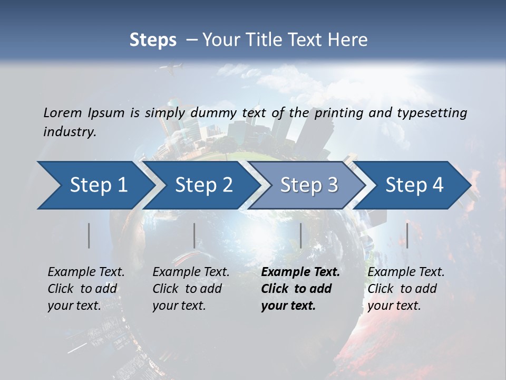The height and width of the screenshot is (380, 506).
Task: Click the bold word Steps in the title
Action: [153, 40]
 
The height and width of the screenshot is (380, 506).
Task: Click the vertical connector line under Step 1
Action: [89, 235]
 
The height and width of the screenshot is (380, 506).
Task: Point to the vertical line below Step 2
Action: [194, 235]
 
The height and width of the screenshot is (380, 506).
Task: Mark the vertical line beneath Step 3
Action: [300, 235]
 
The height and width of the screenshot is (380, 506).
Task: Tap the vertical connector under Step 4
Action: [407, 235]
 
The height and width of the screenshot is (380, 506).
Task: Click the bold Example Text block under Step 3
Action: [300, 289]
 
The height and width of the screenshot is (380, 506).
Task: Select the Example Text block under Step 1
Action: [86, 289]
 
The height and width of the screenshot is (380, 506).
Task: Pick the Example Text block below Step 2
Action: [191, 289]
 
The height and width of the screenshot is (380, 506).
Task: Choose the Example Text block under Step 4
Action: [406, 289]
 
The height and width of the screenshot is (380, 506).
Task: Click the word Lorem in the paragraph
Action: [63, 113]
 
